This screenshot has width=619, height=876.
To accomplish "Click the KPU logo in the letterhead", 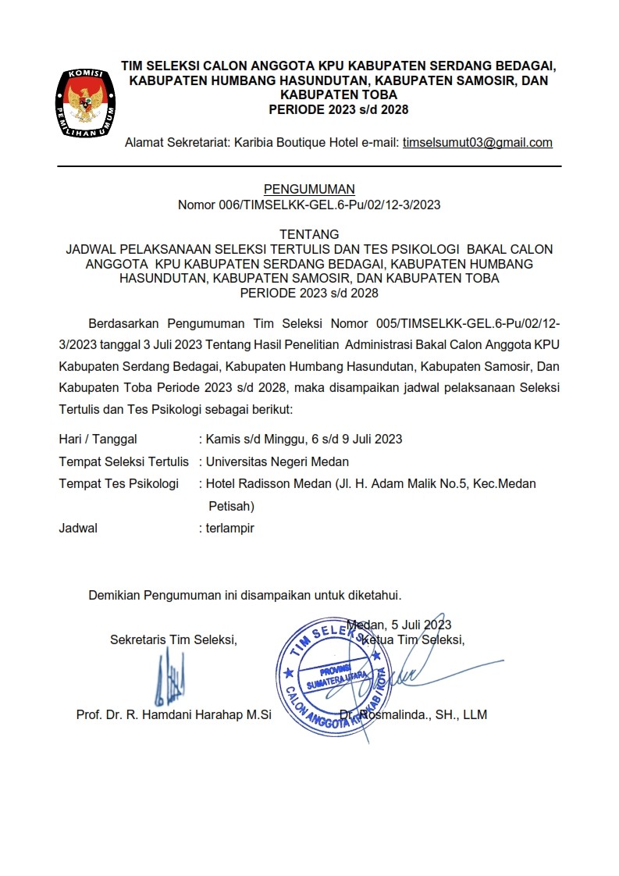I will [x=87, y=101].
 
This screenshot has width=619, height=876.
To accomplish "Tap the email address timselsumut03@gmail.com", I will [x=477, y=143].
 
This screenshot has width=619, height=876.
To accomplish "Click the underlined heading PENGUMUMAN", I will [x=309, y=189].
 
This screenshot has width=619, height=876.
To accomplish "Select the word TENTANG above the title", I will [x=309, y=234].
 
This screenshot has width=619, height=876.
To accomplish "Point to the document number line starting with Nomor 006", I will [x=309, y=205].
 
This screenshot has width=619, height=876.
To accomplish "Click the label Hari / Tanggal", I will [x=98, y=439].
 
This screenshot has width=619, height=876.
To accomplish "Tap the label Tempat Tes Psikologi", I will [x=119, y=484].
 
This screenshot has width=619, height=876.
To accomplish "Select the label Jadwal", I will [x=78, y=528].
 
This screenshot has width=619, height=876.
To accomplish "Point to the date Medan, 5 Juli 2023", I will [x=399, y=625].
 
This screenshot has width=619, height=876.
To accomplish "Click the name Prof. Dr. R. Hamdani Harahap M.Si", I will [x=173, y=714].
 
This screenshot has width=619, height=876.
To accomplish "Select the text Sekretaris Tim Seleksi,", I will [x=173, y=640].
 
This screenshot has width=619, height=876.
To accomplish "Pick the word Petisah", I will [x=231, y=506].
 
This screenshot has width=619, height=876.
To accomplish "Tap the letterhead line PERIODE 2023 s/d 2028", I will [x=338, y=109].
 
